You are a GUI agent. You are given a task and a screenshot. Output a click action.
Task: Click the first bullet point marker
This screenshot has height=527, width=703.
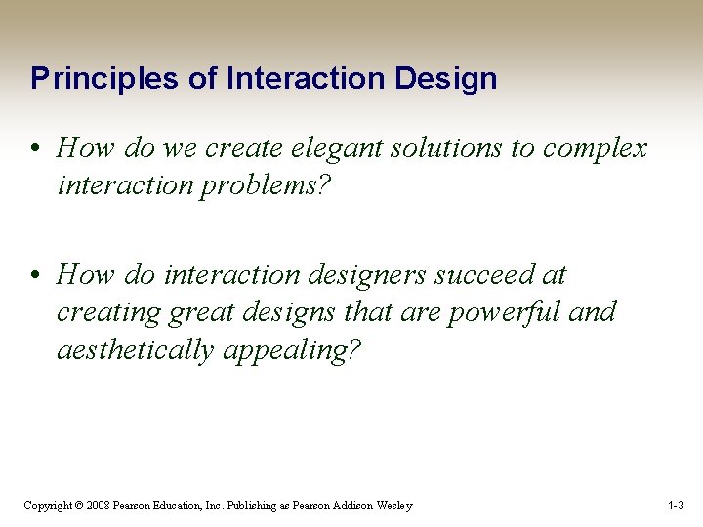(34, 149)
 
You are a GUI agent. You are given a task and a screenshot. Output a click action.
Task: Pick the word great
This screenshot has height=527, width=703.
(203, 312)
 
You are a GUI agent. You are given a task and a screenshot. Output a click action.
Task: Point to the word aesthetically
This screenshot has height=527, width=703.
(136, 350)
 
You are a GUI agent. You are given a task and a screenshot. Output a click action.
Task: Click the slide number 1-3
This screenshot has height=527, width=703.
(676, 506)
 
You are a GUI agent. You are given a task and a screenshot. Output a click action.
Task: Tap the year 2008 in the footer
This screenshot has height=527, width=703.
(98, 506)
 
